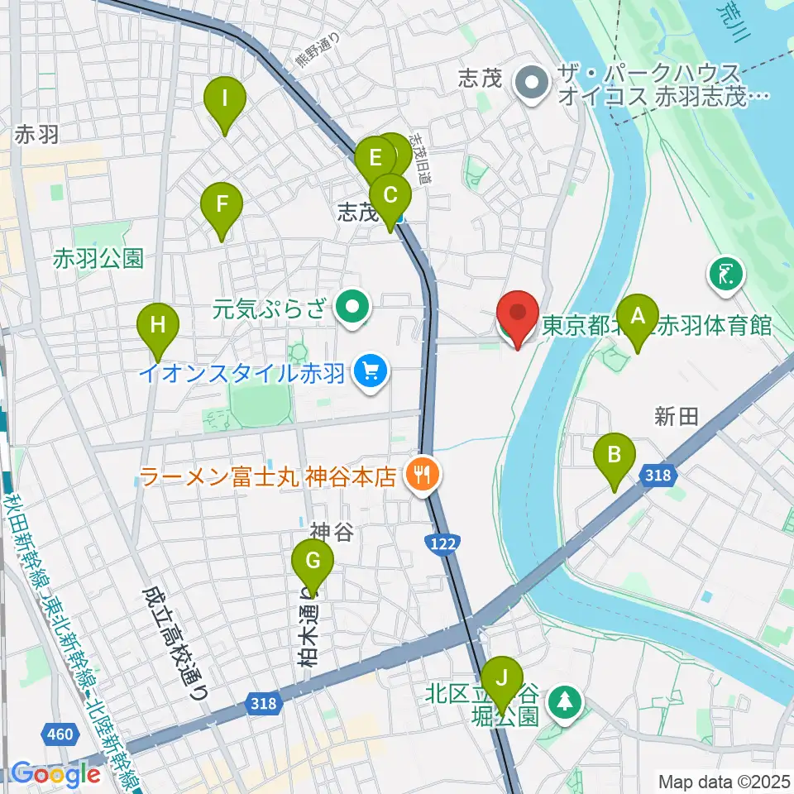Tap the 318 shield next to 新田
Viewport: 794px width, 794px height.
point(658,476)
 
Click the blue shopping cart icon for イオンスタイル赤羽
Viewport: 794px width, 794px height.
point(370,372)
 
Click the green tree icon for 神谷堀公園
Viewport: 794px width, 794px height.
point(566,702)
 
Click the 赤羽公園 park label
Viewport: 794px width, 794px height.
point(98,259)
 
